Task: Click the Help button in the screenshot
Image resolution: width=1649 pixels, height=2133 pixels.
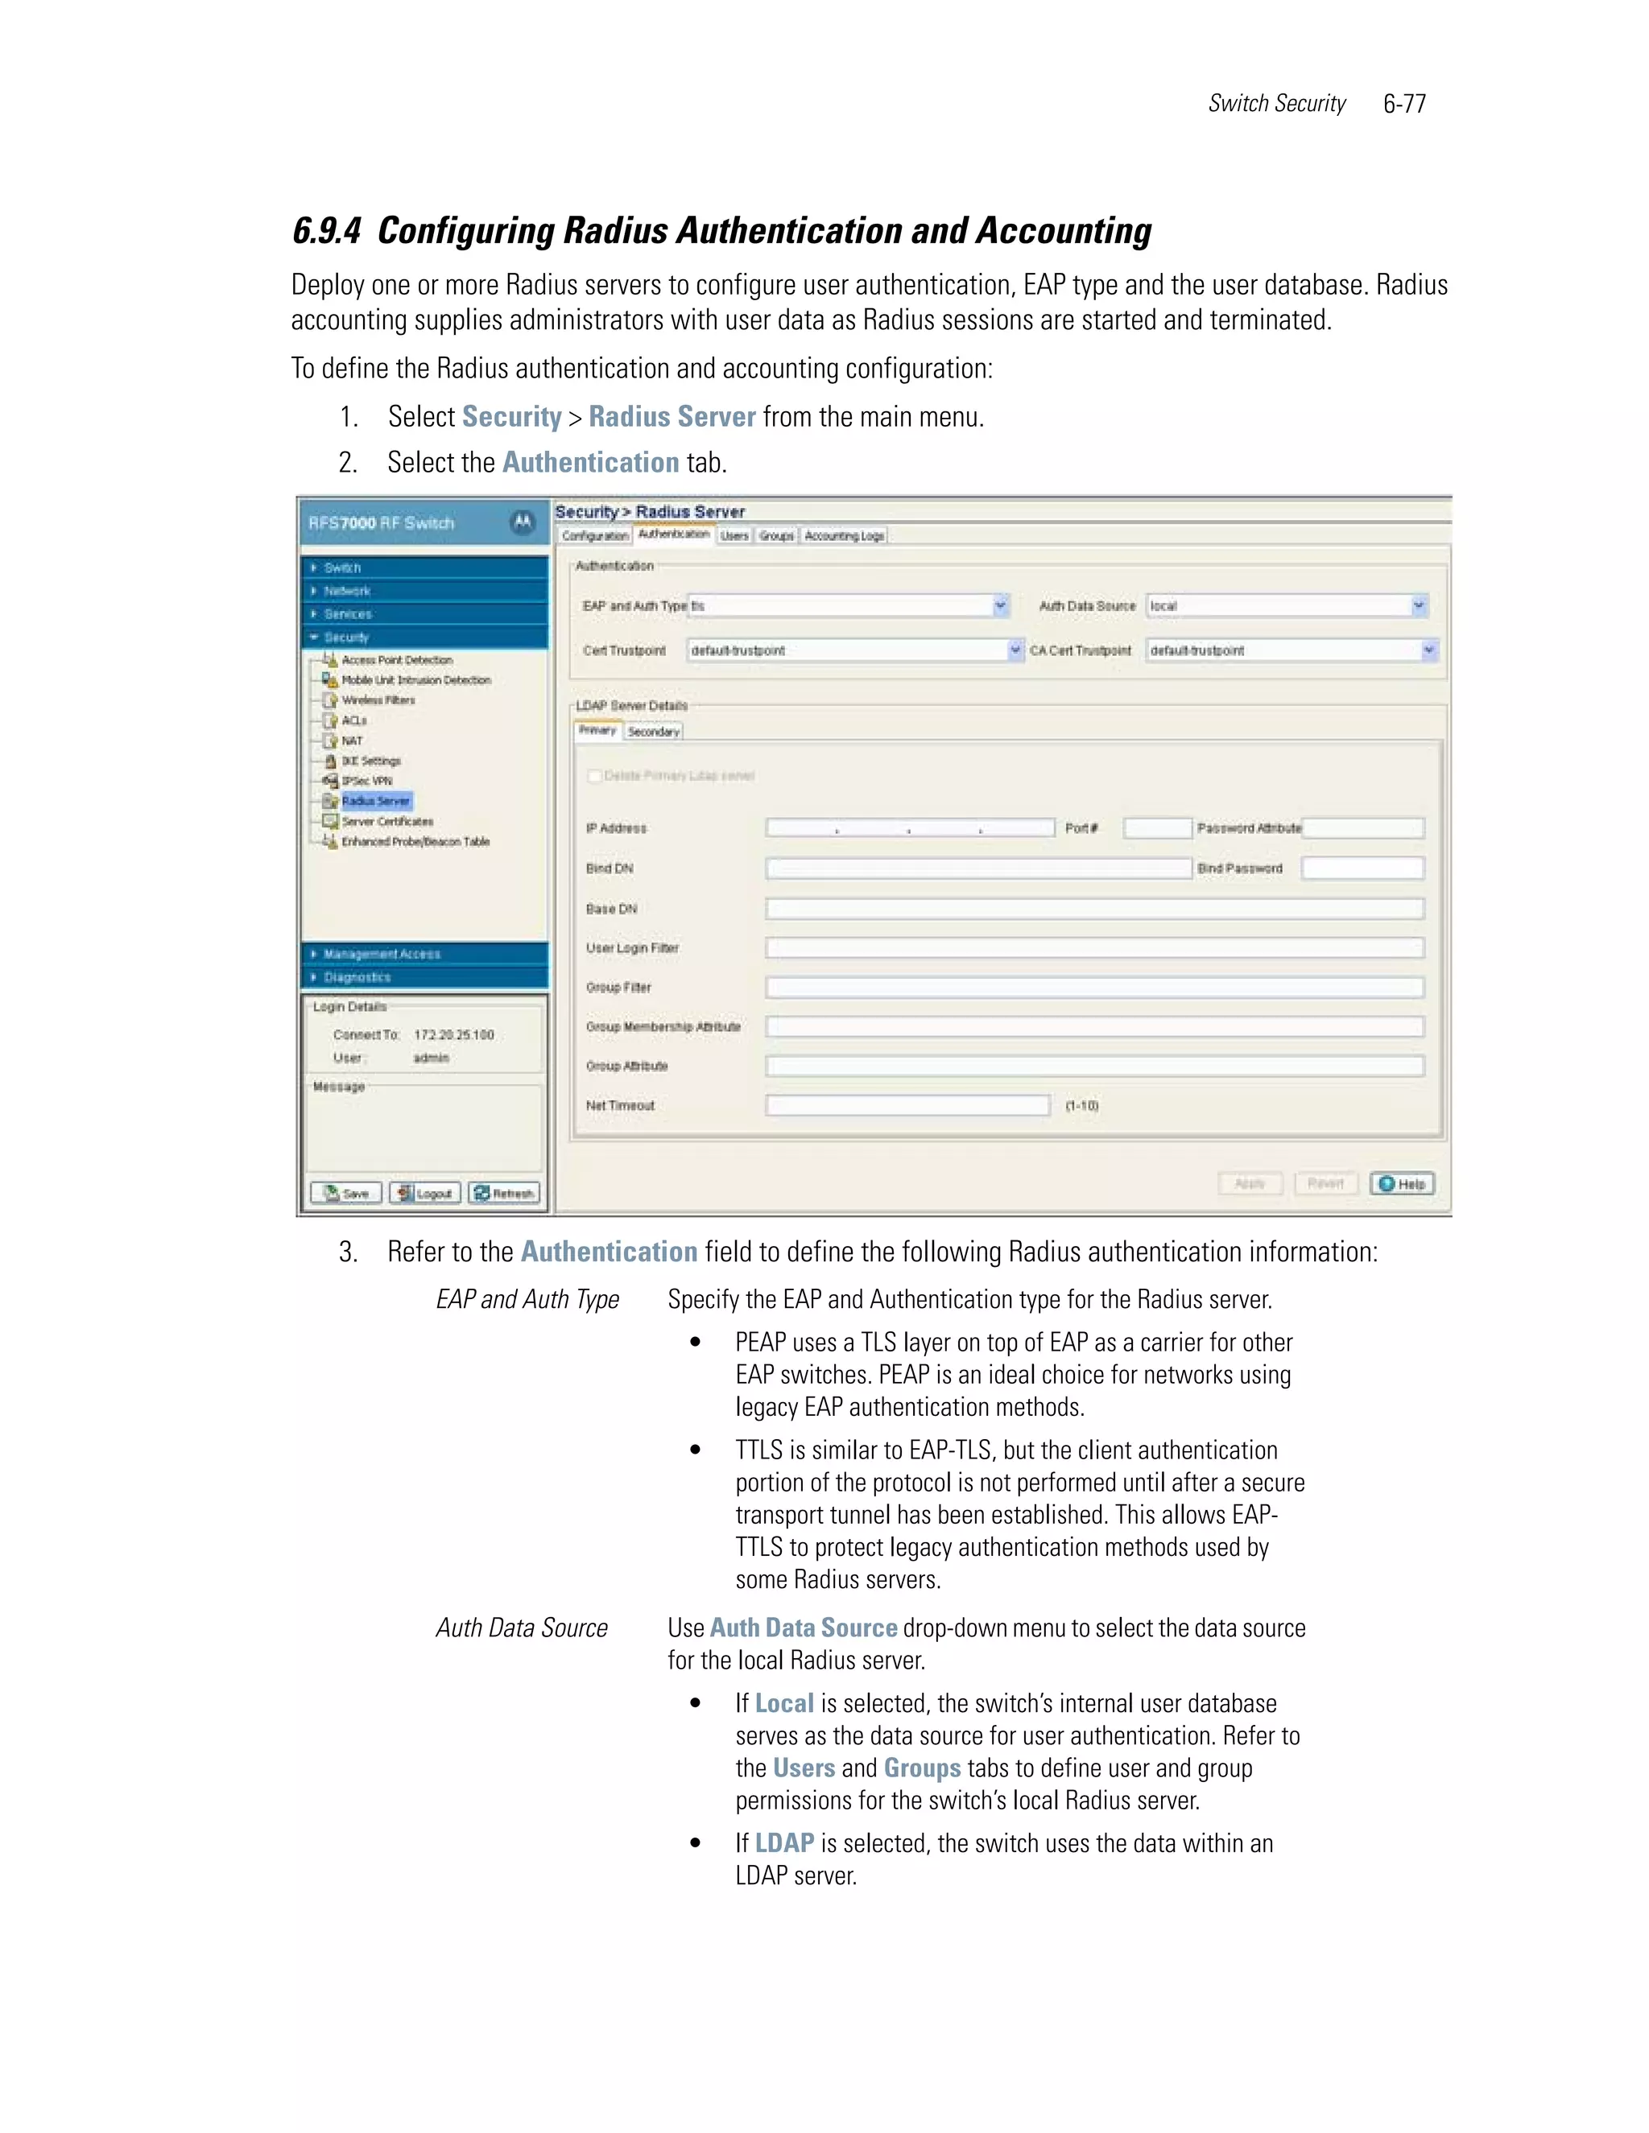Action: (1402, 1184)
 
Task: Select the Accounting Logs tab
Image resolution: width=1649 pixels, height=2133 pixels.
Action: (844, 536)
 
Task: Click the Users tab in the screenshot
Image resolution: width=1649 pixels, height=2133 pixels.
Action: (734, 536)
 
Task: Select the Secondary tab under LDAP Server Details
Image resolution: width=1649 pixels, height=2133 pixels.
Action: (654, 732)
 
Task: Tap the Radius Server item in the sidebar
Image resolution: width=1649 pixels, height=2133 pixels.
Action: (376, 801)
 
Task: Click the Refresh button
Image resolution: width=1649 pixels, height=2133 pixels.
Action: (503, 1194)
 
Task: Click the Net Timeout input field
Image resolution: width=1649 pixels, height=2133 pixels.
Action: (907, 1106)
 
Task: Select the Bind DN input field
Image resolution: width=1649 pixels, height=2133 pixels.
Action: (977, 868)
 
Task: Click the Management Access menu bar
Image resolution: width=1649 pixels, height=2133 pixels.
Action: (425, 954)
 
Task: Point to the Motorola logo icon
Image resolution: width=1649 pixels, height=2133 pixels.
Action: (523, 522)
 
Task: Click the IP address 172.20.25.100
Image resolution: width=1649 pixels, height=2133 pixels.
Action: (454, 1034)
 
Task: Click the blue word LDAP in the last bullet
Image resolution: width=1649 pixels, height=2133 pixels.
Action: (784, 1844)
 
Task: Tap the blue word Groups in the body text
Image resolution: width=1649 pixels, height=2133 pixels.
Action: (922, 1768)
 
